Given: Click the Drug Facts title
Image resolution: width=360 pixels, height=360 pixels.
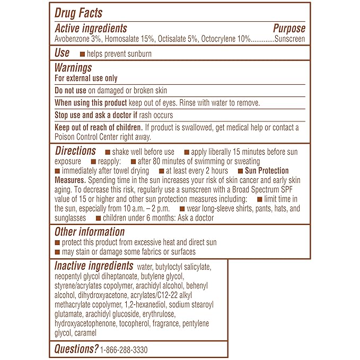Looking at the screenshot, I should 79,13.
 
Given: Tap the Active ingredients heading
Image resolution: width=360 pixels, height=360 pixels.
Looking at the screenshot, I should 91,28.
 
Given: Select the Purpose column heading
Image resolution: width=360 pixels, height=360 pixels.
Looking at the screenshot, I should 289,28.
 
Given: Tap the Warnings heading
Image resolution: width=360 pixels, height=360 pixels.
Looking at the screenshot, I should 73,67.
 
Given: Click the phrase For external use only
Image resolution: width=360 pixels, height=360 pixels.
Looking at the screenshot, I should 86,78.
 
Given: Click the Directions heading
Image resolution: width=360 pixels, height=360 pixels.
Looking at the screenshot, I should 75,151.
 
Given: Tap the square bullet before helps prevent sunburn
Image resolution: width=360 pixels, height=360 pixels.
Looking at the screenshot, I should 82,54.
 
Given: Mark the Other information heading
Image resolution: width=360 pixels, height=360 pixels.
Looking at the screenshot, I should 90,232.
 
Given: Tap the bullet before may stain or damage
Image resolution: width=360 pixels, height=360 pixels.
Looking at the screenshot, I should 57,252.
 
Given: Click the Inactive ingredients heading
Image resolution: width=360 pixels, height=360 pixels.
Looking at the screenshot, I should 93,266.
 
